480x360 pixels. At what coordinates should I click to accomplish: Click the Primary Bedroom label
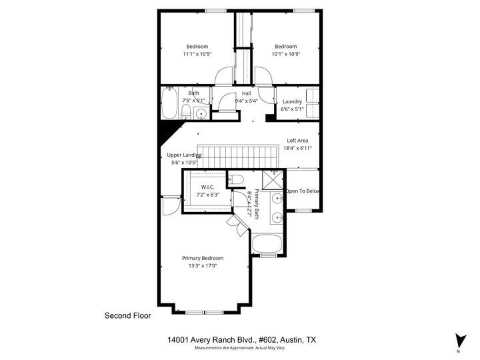203,258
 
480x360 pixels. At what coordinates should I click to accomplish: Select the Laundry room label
292,101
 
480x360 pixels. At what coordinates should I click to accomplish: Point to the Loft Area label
297,141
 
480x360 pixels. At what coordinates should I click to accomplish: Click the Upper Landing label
184,155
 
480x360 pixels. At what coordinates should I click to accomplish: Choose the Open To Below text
303,191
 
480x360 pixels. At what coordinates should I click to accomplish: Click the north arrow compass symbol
458,340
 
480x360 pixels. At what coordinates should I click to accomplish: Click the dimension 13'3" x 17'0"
203,266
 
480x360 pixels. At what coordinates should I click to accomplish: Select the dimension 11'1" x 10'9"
197,55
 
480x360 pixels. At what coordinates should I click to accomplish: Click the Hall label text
247,93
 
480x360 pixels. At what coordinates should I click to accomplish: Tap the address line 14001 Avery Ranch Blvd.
241,340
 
